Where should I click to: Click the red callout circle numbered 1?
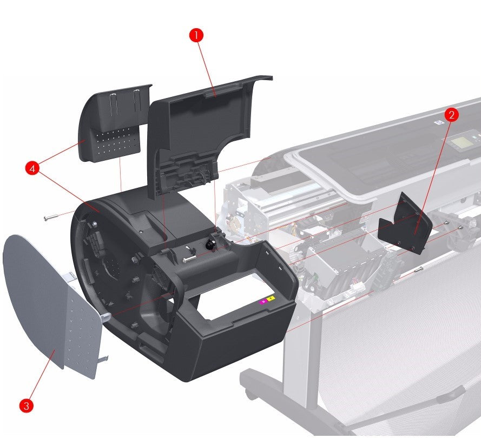196,35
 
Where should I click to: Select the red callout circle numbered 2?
452,114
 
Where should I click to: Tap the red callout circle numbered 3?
25,404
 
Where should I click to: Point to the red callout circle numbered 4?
32,169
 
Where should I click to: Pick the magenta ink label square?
263,300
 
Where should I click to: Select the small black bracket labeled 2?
406,223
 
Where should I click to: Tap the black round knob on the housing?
210,245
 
